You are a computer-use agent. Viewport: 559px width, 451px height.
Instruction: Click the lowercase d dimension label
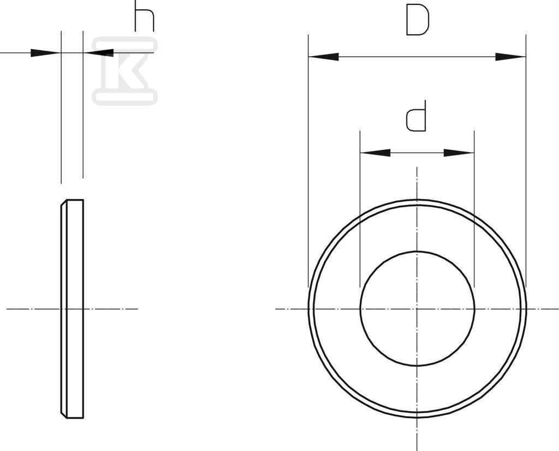click(x=416, y=116)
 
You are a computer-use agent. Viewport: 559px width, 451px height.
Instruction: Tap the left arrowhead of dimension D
click(x=323, y=56)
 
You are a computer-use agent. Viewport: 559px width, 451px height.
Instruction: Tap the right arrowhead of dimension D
click(x=510, y=56)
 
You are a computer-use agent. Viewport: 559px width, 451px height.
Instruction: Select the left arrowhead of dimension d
click(x=375, y=153)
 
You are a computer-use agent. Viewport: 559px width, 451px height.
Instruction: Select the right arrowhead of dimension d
click(x=459, y=153)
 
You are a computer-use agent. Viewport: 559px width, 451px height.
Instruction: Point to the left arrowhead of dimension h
click(x=46, y=53)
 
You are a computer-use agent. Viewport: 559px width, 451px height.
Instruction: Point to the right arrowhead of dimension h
click(x=98, y=53)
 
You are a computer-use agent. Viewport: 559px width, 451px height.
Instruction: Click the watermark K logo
click(x=125, y=71)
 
